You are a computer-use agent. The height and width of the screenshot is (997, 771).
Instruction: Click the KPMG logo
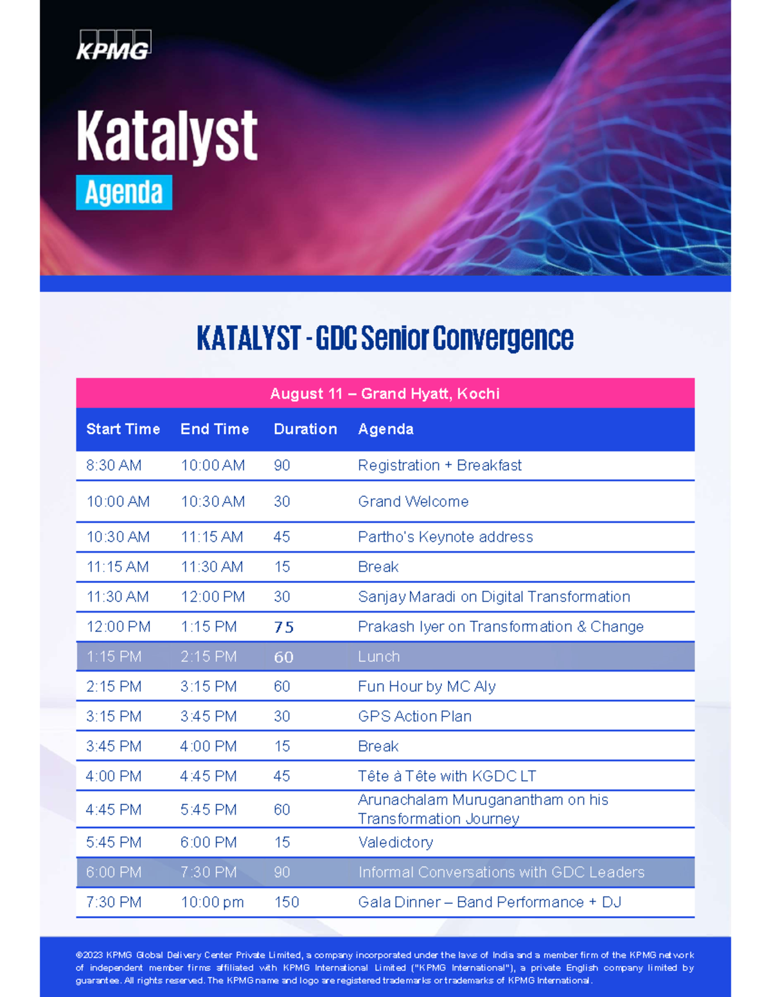pyautogui.click(x=114, y=46)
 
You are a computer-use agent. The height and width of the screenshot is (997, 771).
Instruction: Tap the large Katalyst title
pyautogui.click(x=167, y=136)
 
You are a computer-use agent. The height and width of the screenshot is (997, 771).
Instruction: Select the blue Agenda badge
pyautogui.click(x=124, y=193)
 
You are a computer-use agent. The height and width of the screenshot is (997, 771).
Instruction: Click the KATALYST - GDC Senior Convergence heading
pyautogui.click(x=385, y=338)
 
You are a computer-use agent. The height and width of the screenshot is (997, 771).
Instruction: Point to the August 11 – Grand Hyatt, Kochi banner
pyautogui.click(x=385, y=394)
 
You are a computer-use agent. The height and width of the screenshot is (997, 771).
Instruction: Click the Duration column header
pyautogui.click(x=305, y=429)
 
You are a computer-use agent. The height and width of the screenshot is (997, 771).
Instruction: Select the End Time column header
pyautogui.click(x=215, y=429)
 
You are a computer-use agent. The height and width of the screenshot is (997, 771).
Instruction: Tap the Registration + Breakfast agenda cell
pyautogui.click(x=439, y=465)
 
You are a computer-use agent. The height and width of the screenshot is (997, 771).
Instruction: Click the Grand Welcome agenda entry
pyautogui.click(x=413, y=501)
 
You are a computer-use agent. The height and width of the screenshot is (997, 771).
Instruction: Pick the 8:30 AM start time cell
pyautogui.click(x=114, y=465)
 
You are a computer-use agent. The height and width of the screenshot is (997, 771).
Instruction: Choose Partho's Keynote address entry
pyautogui.click(x=445, y=537)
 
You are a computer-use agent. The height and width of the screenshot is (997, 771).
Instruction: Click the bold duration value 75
pyautogui.click(x=283, y=627)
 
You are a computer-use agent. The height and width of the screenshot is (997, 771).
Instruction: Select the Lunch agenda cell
pyautogui.click(x=379, y=657)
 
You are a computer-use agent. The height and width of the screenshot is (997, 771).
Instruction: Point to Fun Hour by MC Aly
pyautogui.click(x=427, y=686)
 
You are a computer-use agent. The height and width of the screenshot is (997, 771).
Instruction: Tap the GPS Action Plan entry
pyautogui.click(x=414, y=716)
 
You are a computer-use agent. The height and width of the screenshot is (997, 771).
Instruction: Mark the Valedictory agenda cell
pyautogui.click(x=395, y=842)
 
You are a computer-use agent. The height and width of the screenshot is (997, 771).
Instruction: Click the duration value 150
pyautogui.click(x=287, y=902)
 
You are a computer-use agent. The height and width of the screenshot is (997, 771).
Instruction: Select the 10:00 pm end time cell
pyautogui.click(x=212, y=902)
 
